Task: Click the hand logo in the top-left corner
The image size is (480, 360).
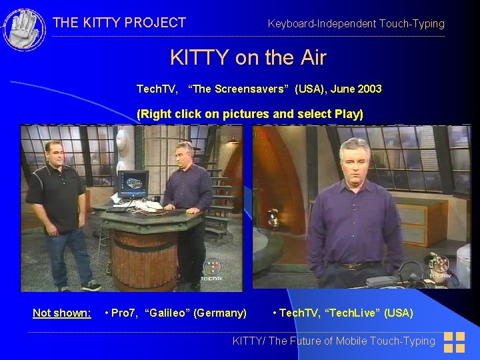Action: (x=24, y=29)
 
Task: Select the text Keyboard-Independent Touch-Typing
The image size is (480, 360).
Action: (x=355, y=24)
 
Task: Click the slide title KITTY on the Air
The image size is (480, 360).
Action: (x=248, y=58)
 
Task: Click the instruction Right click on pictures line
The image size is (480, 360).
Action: (x=249, y=114)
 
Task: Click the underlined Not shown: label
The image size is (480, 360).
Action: (x=62, y=313)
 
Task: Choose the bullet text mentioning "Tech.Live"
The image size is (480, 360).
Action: (x=343, y=313)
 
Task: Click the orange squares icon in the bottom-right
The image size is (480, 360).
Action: (x=454, y=342)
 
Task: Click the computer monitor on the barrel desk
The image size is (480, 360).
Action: (x=132, y=184)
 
